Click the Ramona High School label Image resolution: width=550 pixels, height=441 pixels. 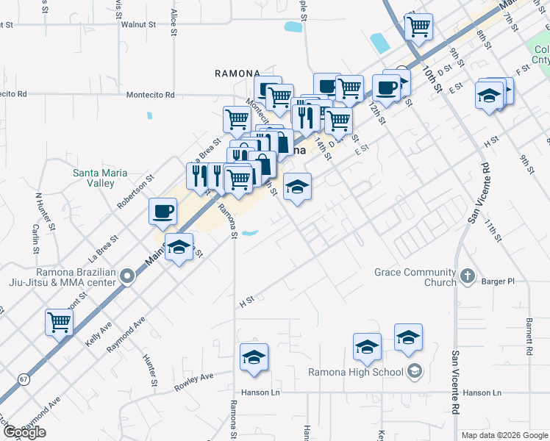click(x=356, y=372)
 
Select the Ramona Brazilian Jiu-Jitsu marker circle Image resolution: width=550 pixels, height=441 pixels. click(x=128, y=276)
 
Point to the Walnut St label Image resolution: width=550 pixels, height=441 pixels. click(x=140, y=24)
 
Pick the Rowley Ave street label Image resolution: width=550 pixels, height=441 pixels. click(x=193, y=381)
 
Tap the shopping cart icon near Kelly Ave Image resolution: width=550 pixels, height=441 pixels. click(x=59, y=321)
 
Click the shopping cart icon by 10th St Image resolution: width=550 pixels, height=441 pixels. click(x=418, y=26)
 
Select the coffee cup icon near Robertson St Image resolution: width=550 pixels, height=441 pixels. click(x=162, y=211)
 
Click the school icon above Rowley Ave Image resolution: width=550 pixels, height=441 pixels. click(x=254, y=358)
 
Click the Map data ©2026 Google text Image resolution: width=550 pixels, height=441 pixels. click(x=504, y=435)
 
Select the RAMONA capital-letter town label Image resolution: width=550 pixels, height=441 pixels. click(x=237, y=73)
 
